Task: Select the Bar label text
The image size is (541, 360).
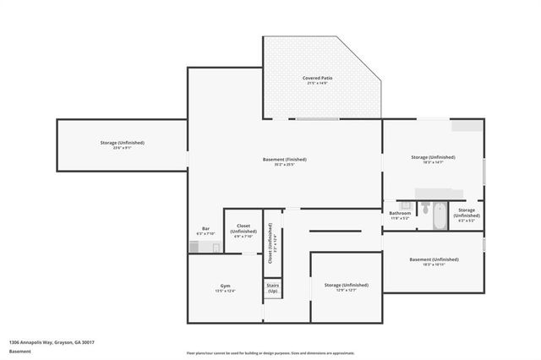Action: pos(205,230)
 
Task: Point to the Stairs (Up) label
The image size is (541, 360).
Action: pos(273,288)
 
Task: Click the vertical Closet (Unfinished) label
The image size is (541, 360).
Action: pos(270,245)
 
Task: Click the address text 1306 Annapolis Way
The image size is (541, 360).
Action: pos(52,341)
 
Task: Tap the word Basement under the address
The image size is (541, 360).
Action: pos(19,351)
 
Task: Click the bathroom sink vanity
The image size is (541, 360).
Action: pos(403,205)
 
